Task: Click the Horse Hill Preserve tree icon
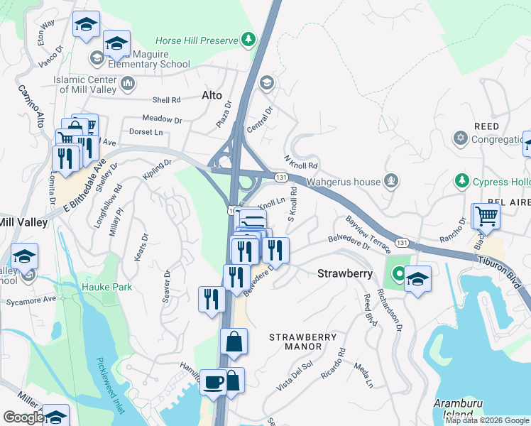[x=248, y=38]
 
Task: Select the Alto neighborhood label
[x=212, y=95]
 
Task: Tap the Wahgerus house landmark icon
[x=390, y=182]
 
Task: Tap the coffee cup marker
[x=213, y=381]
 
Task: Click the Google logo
[x=23, y=417]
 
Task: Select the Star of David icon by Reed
[x=462, y=138]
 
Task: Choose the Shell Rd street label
[x=165, y=100]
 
